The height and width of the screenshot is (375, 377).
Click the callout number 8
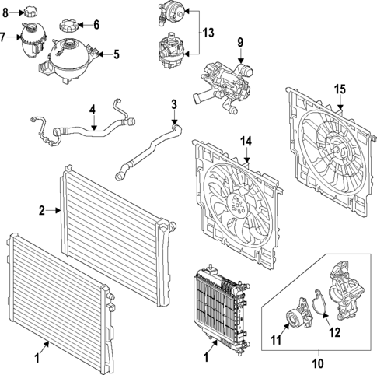tap(5, 12)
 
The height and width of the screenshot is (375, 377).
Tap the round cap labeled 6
tap(68, 26)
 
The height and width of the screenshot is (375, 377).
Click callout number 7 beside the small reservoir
tap(3, 37)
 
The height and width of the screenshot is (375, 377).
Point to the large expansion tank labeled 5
tap(68, 61)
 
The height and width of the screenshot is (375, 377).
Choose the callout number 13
tap(208, 33)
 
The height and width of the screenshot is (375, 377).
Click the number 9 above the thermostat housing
tap(240, 43)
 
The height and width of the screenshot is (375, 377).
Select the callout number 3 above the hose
tap(174, 104)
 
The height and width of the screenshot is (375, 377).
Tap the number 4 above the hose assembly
tap(93, 110)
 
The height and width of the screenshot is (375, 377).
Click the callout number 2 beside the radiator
tap(42, 211)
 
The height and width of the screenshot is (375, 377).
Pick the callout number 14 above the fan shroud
tap(246, 142)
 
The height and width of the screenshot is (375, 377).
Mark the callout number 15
tap(340, 89)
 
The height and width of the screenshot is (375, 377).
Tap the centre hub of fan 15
tap(336, 149)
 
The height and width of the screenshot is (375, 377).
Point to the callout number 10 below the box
tap(319, 363)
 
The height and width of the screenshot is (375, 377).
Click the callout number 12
tap(335, 333)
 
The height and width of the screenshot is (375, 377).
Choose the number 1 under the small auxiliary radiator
tap(206, 358)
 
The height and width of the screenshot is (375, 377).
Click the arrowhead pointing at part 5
tap(101, 54)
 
